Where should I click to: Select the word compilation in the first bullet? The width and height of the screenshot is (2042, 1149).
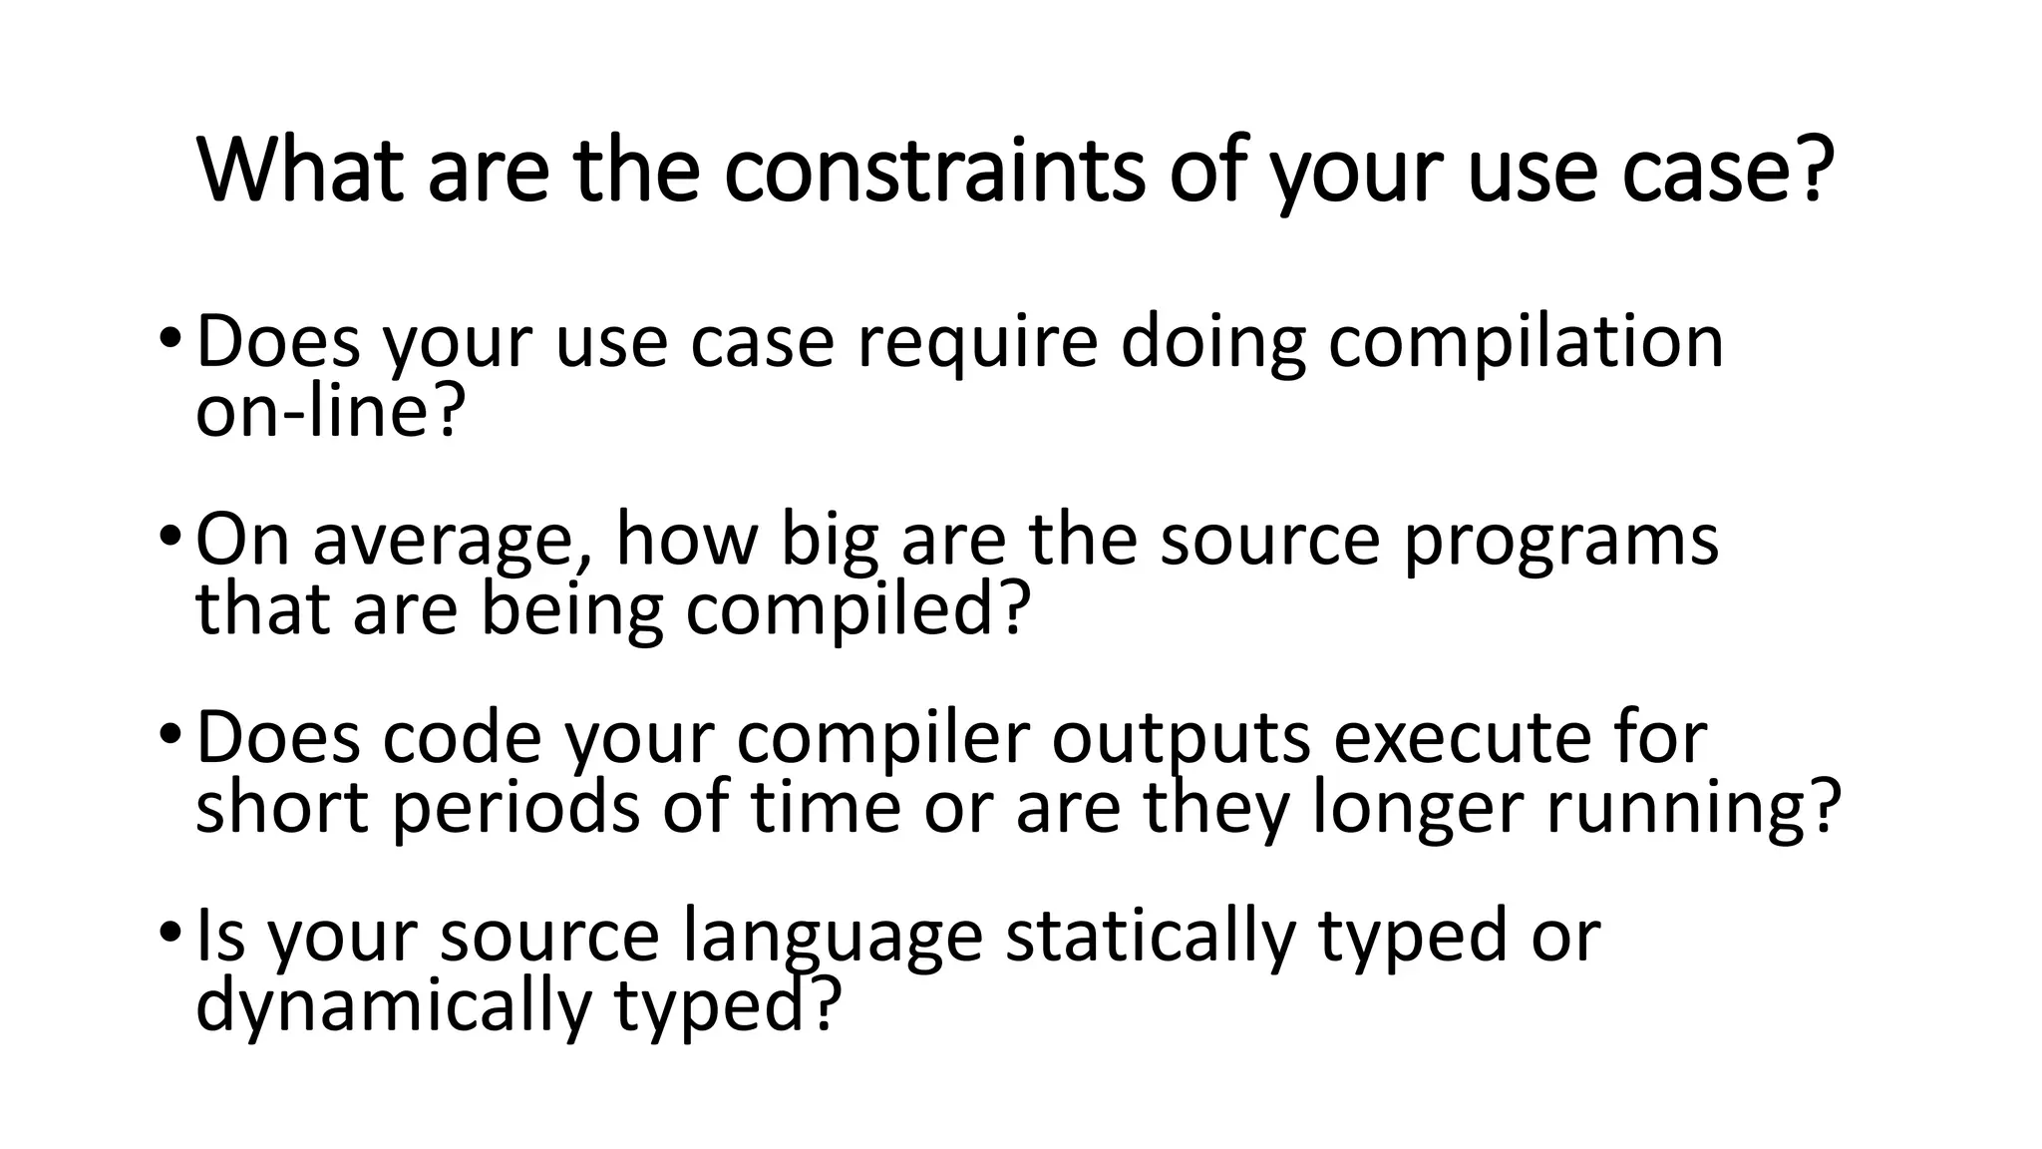click(1526, 342)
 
